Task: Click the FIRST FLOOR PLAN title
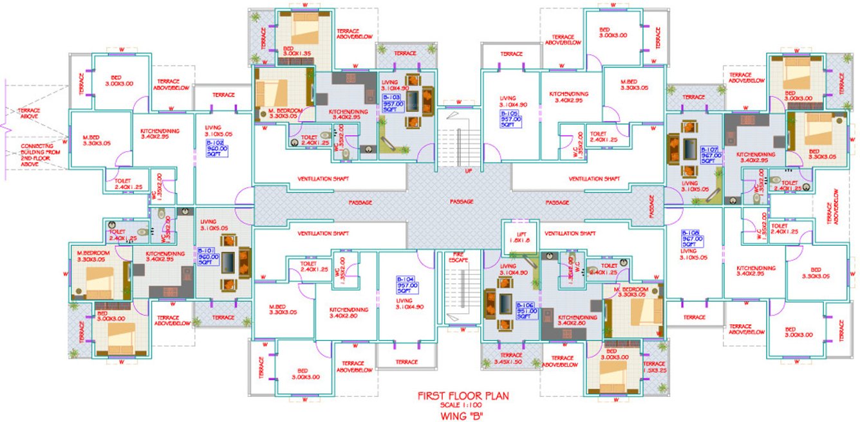pos(458,396)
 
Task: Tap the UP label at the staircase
pos(459,171)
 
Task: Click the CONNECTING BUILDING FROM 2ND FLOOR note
pos(29,155)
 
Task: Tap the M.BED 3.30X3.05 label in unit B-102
pos(98,140)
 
